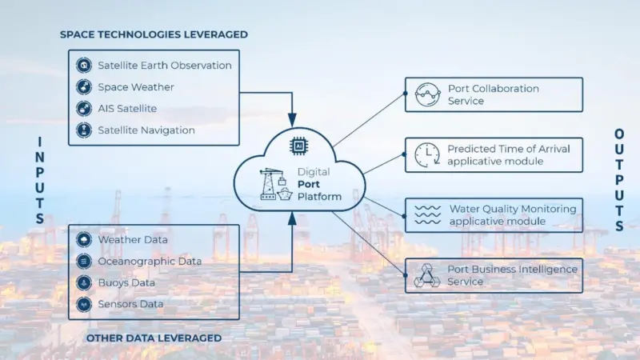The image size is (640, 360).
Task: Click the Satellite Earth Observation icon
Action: click(84, 66)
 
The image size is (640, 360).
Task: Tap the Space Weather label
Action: click(136, 87)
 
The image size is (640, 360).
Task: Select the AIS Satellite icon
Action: click(84, 109)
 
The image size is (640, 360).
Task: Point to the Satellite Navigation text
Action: click(146, 130)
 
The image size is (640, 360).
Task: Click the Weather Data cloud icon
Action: click(84, 239)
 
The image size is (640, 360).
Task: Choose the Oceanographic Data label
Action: click(150, 262)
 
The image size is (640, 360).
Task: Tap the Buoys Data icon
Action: click(84, 283)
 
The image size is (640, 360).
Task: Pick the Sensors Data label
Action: click(130, 304)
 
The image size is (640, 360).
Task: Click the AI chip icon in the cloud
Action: click(298, 146)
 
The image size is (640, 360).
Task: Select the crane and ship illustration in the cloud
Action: click(276, 185)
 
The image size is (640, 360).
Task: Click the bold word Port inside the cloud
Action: click(309, 184)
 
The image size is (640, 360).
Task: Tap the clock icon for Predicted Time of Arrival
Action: click(427, 155)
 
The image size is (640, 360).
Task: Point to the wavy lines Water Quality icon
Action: click(427, 215)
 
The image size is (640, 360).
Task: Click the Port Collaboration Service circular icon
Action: click(427, 94)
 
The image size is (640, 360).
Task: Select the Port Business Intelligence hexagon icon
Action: click(427, 275)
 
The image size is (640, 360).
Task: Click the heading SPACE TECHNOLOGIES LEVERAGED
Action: click(154, 34)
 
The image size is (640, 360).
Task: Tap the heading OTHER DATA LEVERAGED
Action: click(154, 338)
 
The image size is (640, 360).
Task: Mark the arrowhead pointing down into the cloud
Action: click(292, 121)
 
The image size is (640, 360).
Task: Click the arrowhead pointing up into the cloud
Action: click(292, 219)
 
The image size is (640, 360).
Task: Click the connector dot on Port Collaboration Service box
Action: click(405, 94)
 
